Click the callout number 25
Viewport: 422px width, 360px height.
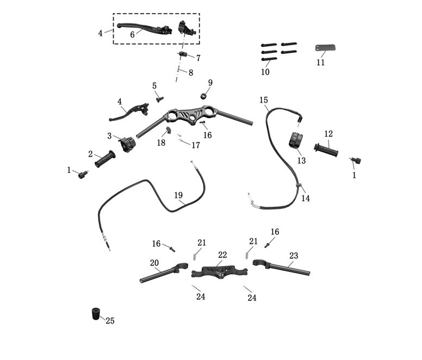[x=110, y=321]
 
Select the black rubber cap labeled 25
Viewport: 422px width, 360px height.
[x=96, y=314]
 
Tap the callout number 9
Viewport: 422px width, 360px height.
[x=210, y=83]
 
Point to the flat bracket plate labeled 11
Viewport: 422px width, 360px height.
[x=325, y=48]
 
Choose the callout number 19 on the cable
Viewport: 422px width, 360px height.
[x=178, y=195]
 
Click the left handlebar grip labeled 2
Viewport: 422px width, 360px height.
[x=105, y=159]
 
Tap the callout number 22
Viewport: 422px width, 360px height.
[x=222, y=255]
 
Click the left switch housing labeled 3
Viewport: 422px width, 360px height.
[x=128, y=144]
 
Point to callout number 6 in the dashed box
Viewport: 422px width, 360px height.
[x=132, y=34]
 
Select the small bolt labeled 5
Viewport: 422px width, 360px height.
[x=159, y=98]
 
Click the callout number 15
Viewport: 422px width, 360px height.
[x=264, y=100]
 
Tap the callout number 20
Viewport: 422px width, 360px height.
[x=154, y=263]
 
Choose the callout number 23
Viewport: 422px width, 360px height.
[x=294, y=256]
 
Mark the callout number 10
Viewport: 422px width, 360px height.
[x=265, y=71]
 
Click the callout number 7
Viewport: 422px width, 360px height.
[x=198, y=58]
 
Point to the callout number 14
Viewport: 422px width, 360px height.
[x=306, y=198]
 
